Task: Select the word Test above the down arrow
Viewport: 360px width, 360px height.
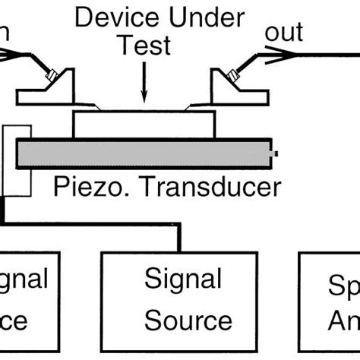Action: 143,46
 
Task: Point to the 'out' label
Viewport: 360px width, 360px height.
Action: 283,32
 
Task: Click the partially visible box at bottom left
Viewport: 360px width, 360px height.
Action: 27,304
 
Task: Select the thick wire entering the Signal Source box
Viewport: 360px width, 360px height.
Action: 180,239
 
